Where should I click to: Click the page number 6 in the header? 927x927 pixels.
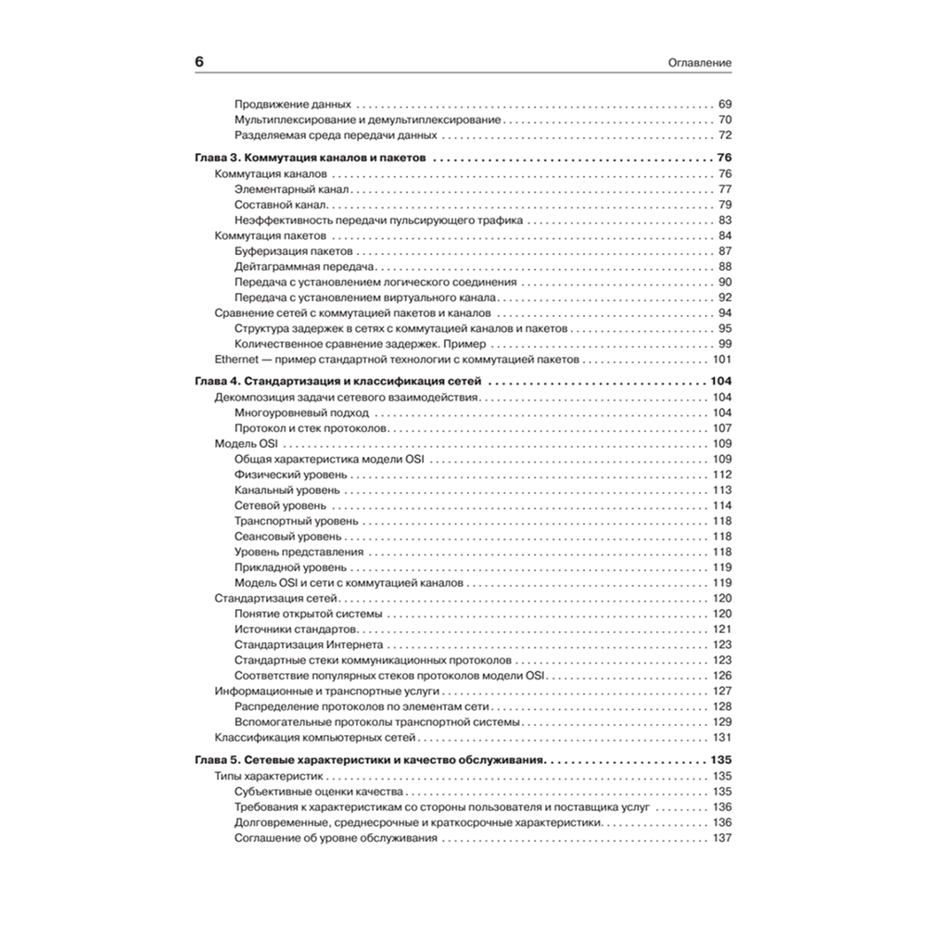point(198,62)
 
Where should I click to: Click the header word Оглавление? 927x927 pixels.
point(701,63)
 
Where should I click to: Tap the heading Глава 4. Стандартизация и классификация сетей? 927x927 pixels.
point(337,382)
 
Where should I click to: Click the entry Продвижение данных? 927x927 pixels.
point(292,104)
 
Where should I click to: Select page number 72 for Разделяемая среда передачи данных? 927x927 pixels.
point(725,134)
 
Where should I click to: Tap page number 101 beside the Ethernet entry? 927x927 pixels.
point(722,359)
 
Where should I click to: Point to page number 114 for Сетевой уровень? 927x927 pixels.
point(722,505)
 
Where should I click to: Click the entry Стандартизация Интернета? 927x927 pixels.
point(308,644)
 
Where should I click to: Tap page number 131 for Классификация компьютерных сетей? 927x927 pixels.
point(722,737)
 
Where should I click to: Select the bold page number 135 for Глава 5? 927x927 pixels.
point(721,759)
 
